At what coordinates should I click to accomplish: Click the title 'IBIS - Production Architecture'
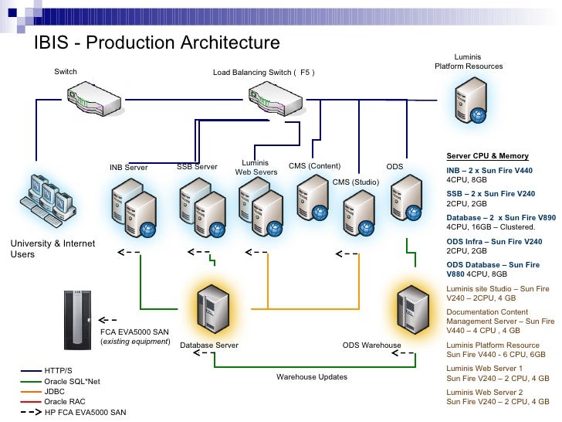[156, 43]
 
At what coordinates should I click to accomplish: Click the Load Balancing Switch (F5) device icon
[275, 99]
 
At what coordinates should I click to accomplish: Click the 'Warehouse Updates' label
[312, 377]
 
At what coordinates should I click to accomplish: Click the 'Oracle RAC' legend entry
[64, 402]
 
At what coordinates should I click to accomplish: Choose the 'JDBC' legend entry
[55, 392]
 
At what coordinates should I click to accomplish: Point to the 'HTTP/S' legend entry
[59, 371]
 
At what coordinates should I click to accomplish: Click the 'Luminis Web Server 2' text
[485, 392]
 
